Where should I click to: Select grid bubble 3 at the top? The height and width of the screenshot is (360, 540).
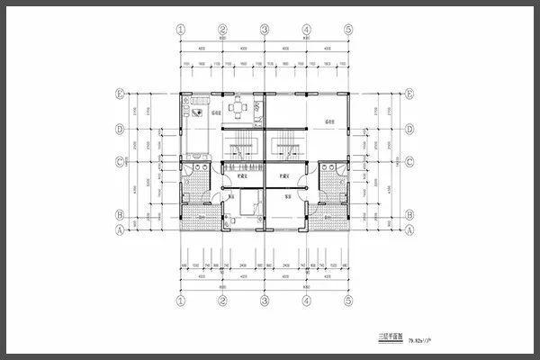(265, 29)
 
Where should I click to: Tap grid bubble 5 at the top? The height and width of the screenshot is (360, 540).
(348, 29)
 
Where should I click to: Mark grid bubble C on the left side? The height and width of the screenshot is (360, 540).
(120, 163)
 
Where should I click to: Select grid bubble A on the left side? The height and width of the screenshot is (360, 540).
(120, 228)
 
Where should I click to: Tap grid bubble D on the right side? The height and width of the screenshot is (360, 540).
(409, 129)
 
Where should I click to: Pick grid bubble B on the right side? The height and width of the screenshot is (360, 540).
(409, 216)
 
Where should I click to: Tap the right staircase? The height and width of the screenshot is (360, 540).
(287, 145)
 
